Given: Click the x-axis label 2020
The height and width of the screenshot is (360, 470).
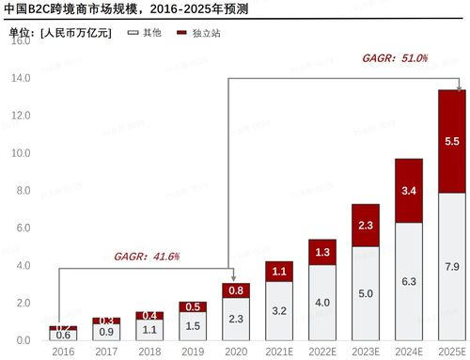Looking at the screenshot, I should (235, 350).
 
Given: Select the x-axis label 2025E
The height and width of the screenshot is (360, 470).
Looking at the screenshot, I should (451, 350).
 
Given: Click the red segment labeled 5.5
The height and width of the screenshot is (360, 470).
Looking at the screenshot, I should (451, 141).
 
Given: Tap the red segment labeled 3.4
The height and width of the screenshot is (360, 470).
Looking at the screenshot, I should (408, 191).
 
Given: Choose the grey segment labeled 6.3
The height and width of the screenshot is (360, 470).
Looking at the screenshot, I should (408, 281).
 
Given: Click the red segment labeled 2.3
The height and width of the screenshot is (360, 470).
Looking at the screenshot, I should (365, 226).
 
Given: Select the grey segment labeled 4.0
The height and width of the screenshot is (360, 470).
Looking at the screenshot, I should (321, 302).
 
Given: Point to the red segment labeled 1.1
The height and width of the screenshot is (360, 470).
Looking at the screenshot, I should (278, 272).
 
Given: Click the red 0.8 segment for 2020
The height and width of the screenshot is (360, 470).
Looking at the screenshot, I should (235, 290).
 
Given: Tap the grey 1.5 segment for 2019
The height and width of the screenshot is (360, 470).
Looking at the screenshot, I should (192, 325).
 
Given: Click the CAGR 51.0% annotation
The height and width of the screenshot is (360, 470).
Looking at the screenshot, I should (394, 58).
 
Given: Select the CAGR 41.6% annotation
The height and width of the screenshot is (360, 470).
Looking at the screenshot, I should (147, 256).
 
